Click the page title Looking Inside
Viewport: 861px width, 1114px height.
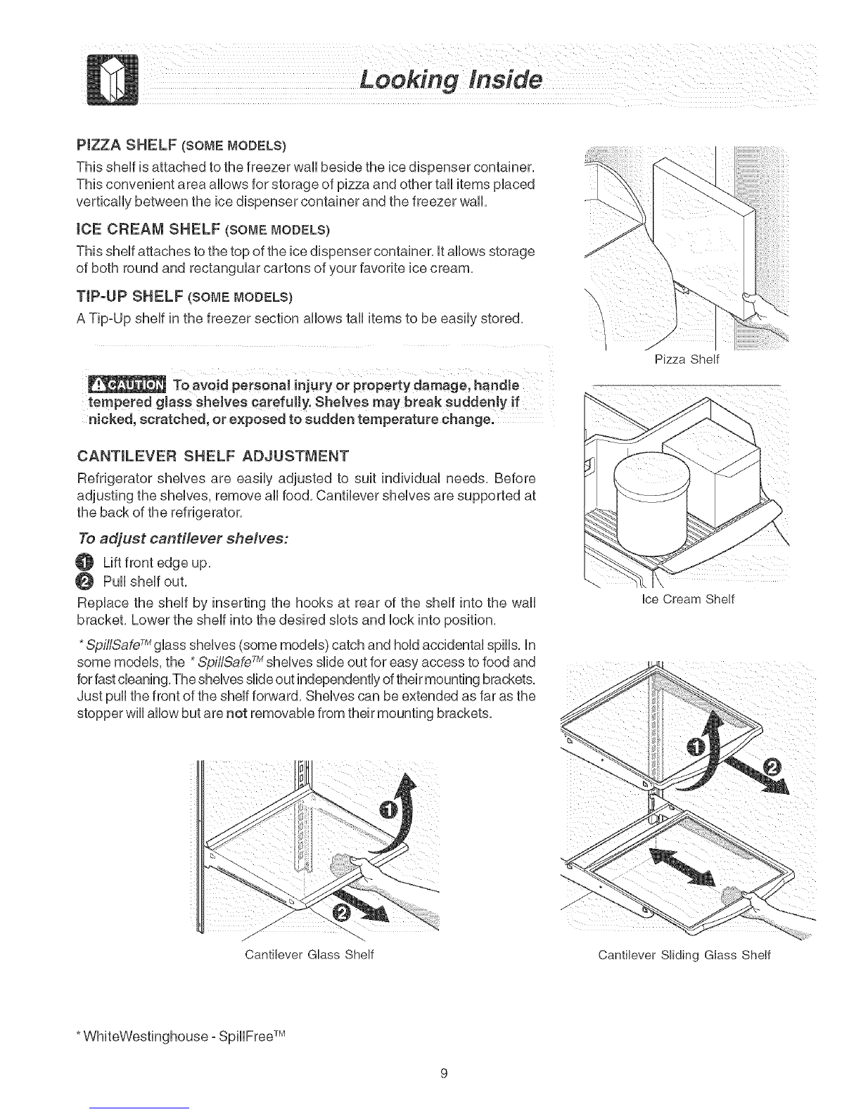tap(450, 79)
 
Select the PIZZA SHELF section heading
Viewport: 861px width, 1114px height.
tap(181, 145)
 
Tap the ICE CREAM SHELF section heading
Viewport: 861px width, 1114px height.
tap(203, 229)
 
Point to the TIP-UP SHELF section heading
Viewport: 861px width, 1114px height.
tap(184, 296)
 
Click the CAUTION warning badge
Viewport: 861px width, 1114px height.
tap(127, 385)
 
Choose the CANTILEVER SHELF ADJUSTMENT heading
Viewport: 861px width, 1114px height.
tap(213, 455)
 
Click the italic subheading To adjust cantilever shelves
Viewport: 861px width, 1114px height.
tap(183, 539)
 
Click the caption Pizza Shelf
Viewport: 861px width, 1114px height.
tap(687, 359)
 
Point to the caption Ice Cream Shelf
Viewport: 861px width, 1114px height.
tap(688, 598)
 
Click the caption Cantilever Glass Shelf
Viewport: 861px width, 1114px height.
tap(310, 954)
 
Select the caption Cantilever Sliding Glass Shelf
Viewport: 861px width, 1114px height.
tap(684, 954)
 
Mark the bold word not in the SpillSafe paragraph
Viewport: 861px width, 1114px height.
tap(237, 713)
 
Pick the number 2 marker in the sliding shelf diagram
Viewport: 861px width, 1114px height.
tap(771, 767)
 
